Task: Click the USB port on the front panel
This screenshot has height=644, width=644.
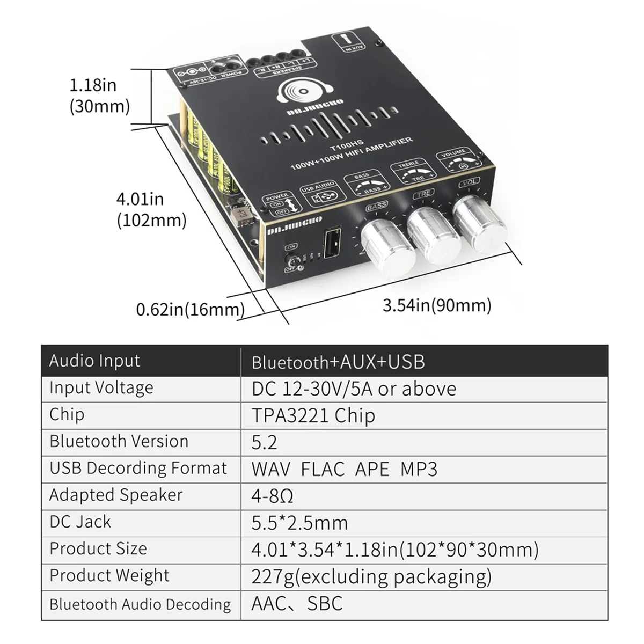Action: point(331,245)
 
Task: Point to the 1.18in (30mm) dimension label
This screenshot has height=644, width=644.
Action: point(100,95)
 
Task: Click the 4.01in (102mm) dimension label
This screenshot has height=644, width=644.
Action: point(151,209)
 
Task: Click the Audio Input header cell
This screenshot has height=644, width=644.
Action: point(95,361)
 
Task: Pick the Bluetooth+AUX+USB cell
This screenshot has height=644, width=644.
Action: point(338,362)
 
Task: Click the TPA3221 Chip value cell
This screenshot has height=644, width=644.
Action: point(313,415)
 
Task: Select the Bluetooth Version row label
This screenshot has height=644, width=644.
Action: point(119,441)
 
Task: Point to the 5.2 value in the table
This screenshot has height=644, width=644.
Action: point(264,442)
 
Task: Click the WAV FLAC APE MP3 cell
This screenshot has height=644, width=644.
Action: point(344,469)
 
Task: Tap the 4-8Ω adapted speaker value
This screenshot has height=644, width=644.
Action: point(272,495)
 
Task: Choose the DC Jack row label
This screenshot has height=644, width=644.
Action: point(80,522)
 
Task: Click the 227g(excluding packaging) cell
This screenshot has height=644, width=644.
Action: point(371,576)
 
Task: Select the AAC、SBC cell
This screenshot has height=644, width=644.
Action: point(297,603)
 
